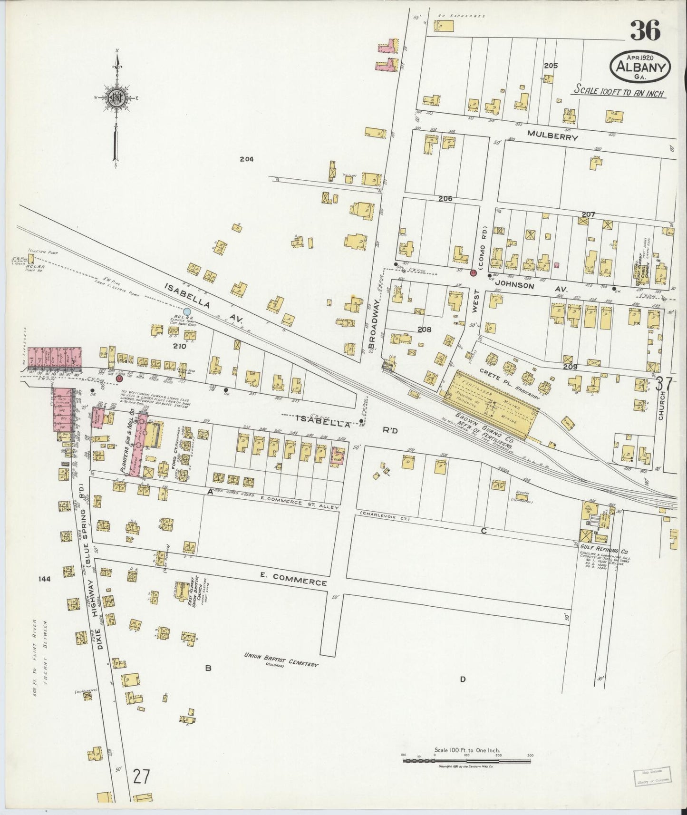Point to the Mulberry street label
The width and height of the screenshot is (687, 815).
tap(552, 137)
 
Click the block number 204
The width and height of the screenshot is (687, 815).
tap(246, 159)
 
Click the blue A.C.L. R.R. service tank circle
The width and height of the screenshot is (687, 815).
tap(187, 311)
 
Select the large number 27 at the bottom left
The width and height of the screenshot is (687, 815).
tap(141, 777)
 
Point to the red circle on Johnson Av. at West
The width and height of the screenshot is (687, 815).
tap(473, 273)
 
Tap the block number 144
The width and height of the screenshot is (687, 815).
tap(45, 579)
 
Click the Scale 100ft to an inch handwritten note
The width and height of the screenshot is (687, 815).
tap(619, 90)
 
